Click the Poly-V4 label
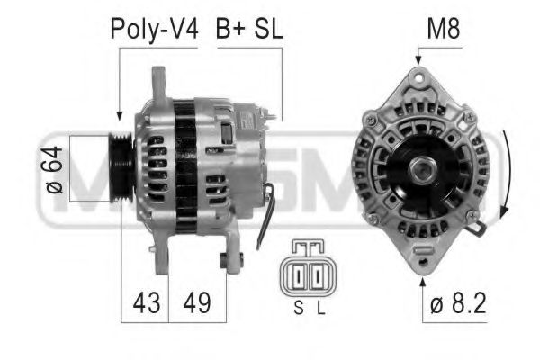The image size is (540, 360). tap(153, 29)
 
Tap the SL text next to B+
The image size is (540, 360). tap(267, 29)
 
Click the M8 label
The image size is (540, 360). tap(442, 29)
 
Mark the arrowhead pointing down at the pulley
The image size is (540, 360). tap(120, 115)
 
